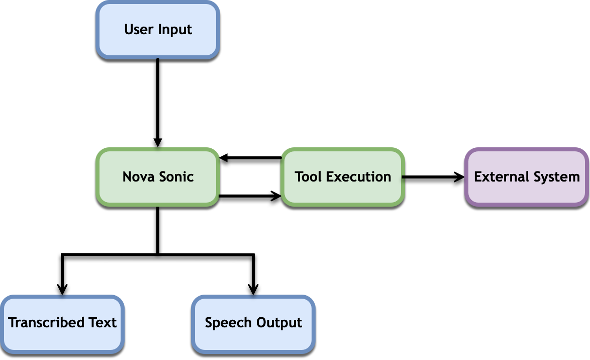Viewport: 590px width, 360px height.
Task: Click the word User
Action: click(x=138, y=29)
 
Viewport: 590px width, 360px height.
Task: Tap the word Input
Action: click(x=175, y=30)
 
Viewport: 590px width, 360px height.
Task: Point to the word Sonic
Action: click(x=176, y=177)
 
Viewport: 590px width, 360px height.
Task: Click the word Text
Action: click(x=103, y=322)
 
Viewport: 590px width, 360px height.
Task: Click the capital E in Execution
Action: click(x=330, y=177)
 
